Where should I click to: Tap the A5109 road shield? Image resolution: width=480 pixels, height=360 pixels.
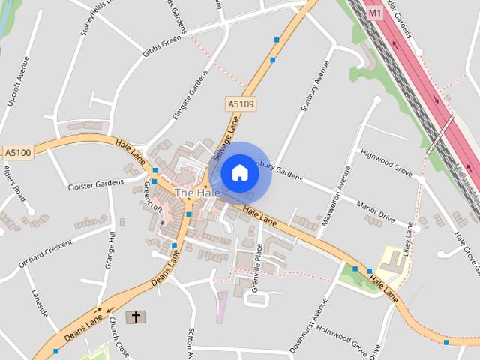coord(240,104)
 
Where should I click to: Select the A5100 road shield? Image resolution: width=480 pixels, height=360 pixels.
coord(17,152)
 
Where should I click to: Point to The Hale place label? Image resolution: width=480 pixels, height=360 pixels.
coord(197,193)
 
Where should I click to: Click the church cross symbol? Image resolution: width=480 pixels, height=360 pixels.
coord(136,316)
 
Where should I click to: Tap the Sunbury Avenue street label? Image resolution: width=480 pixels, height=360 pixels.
coord(314,85)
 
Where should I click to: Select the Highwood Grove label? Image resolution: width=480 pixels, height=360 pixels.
coord(386,163)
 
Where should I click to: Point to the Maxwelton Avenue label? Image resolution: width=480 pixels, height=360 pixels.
coord(337,196)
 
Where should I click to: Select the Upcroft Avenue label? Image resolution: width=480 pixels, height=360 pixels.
coord(19,81)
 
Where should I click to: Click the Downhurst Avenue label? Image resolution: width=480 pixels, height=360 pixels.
coord(309,325)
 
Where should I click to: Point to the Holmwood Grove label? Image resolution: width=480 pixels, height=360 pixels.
coord(342,339)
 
